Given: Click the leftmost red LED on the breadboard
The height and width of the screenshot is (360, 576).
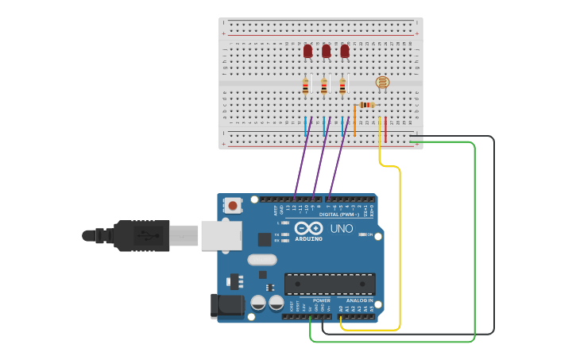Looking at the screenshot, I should point(307,52).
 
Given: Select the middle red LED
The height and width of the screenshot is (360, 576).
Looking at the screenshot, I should point(326,52).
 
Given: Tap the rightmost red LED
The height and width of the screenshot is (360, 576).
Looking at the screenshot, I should point(344,52).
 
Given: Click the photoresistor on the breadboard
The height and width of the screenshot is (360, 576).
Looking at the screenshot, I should point(382,82).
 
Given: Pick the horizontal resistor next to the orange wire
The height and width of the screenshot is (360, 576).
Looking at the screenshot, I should point(366,105).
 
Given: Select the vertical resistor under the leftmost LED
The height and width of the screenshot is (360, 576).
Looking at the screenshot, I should point(306,87).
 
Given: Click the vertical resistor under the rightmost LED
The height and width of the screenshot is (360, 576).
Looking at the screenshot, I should point(342,87).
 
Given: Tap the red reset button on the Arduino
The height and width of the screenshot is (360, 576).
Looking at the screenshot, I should point(233,205).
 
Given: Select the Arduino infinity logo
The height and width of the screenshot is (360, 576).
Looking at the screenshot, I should point(308,228).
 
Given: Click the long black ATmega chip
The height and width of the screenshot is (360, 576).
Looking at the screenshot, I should point(330,284).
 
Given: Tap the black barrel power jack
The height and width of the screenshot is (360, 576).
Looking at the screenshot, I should point(226,306).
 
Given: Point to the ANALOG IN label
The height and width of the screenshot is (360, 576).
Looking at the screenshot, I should point(359,300).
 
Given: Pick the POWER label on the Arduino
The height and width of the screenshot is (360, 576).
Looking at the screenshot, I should point(321,300).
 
